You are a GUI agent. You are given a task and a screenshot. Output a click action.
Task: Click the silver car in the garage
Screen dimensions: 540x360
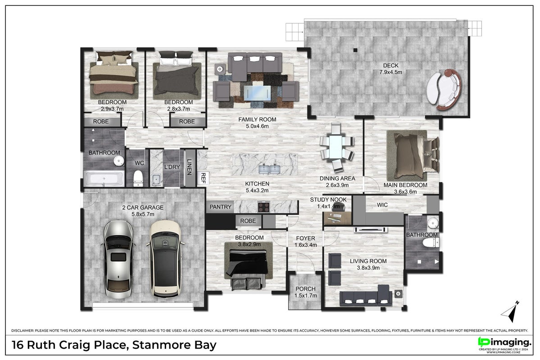118,259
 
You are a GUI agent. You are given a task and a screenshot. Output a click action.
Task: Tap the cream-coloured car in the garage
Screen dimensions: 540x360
165,259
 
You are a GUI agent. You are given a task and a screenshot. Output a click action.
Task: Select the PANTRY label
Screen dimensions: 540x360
220,207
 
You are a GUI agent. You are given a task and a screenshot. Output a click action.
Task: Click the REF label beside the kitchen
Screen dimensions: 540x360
203,178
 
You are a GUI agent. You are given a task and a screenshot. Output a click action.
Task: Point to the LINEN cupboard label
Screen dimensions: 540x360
189,167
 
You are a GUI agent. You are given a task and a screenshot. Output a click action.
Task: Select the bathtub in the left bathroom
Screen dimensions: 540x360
104,179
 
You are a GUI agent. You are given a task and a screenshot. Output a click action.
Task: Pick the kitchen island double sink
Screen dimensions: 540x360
269,169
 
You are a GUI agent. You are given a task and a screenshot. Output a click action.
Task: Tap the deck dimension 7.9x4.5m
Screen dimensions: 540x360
390,72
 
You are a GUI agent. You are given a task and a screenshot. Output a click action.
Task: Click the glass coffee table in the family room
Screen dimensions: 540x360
255,93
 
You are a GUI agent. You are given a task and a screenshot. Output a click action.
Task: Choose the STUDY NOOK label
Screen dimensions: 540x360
328,200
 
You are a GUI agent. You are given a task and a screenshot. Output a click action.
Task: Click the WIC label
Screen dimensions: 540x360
382,205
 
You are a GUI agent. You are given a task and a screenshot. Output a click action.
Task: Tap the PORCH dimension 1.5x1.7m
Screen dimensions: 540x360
305,296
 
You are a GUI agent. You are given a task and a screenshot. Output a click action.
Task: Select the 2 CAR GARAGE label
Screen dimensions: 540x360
143,207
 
